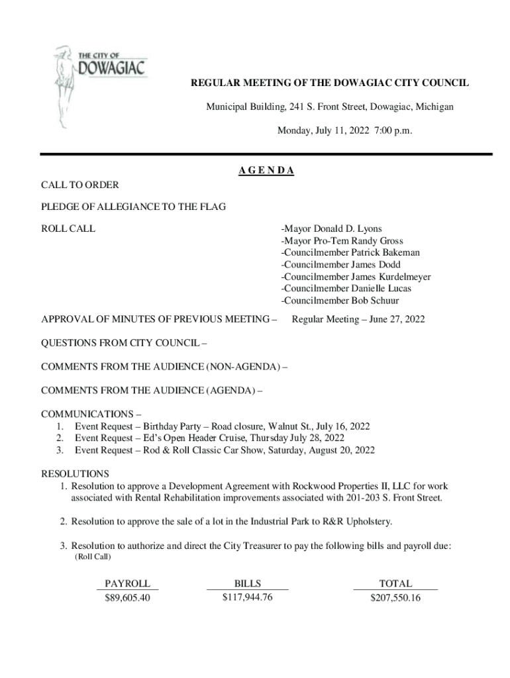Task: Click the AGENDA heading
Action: [266, 171]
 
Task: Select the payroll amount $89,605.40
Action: [128, 598]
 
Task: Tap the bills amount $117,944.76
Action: [247, 597]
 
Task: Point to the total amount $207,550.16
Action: [395, 598]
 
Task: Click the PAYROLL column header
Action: [128, 583]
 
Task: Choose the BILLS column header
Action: [247, 583]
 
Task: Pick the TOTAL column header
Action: [395, 583]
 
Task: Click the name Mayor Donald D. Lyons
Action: [333, 229]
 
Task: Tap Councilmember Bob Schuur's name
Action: [341, 301]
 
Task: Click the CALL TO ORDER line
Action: [80, 185]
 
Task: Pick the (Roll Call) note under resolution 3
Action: [94, 556]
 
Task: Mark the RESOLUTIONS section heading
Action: [75, 474]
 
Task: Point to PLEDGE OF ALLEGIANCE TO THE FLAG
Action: [133, 207]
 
